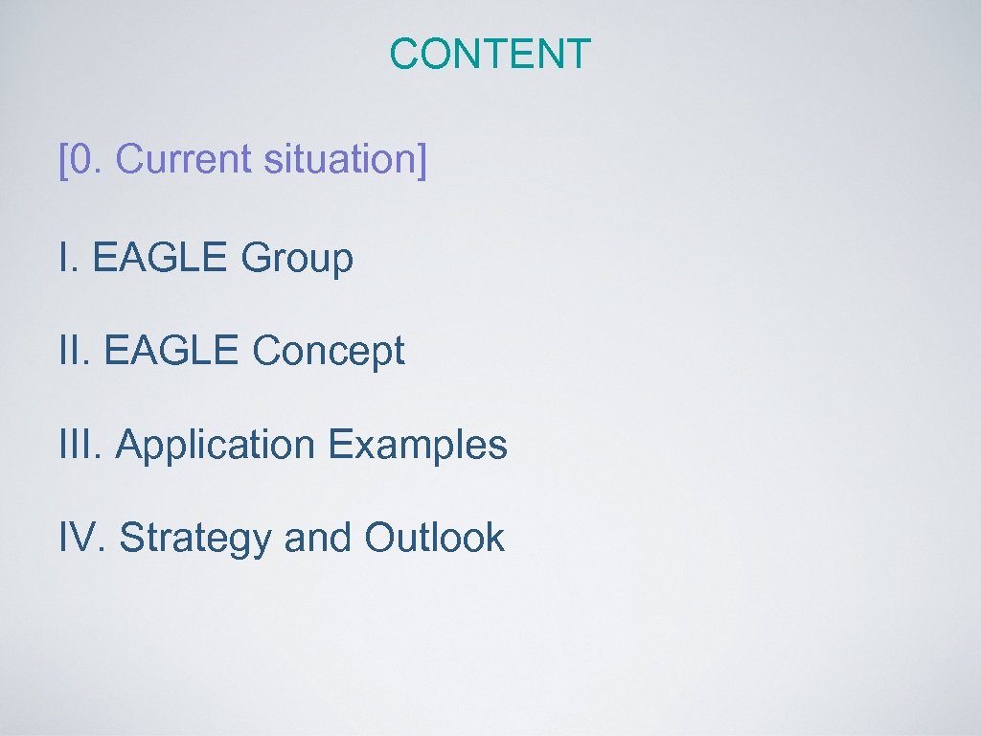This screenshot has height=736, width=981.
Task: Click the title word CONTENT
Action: click(490, 54)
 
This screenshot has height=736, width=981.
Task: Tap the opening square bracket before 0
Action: click(63, 160)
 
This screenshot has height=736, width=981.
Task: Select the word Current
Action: click(182, 159)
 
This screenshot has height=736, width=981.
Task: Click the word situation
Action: click(338, 159)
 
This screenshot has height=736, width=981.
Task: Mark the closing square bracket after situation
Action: click(422, 160)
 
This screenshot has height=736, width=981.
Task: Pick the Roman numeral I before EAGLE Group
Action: click(63, 257)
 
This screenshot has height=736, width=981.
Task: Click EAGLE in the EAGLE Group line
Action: click(161, 257)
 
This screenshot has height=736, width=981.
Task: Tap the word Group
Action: click(297, 259)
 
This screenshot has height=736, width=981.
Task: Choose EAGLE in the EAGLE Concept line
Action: click(171, 351)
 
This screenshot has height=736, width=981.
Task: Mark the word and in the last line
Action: click(318, 538)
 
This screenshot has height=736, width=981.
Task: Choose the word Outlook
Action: click(434, 538)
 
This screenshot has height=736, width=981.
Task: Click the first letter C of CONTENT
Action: click(404, 54)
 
